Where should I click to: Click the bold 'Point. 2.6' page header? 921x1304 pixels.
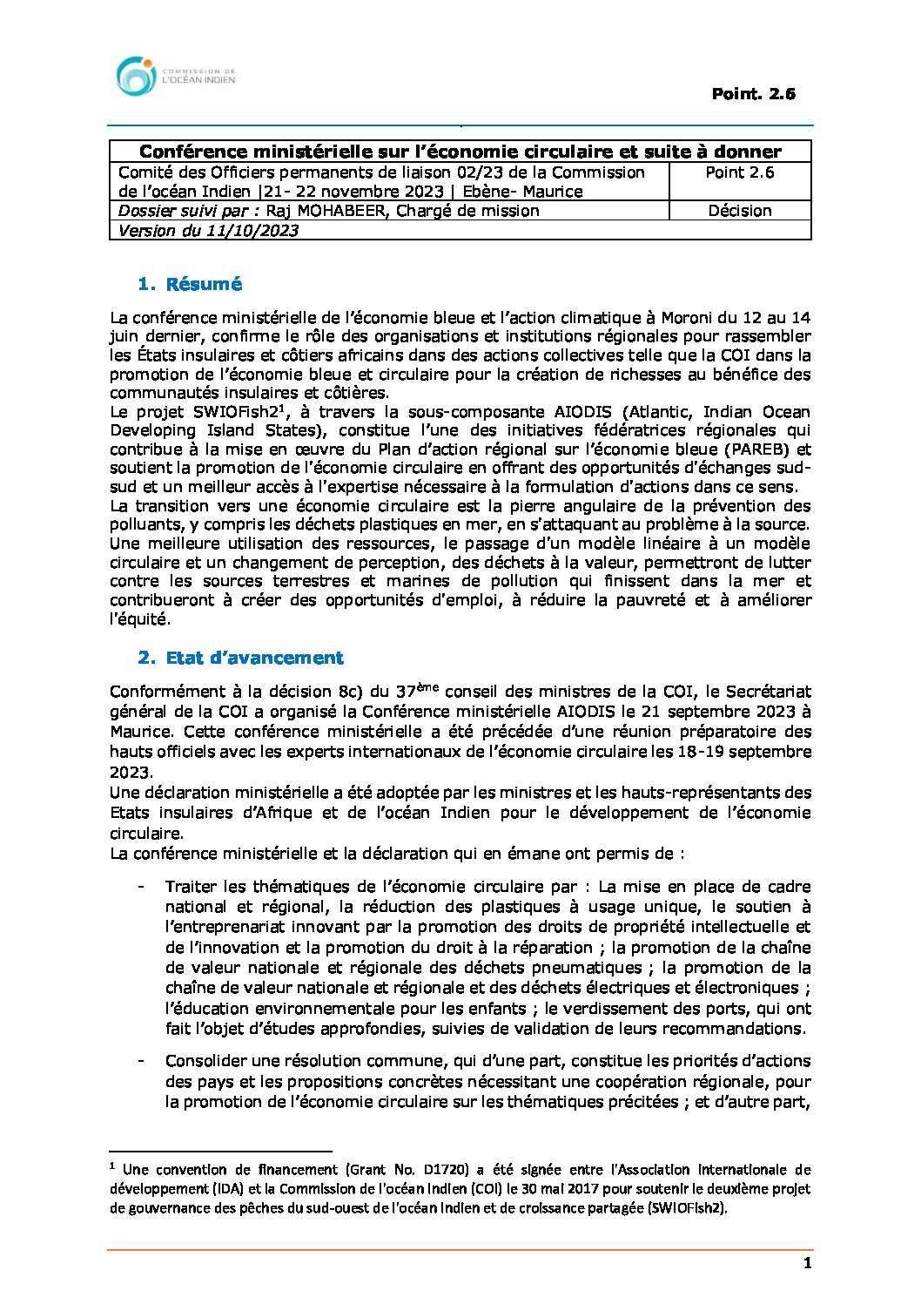pos(753,94)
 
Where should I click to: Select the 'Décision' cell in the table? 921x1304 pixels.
pos(739,211)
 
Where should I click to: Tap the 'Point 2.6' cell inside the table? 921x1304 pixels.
pos(739,172)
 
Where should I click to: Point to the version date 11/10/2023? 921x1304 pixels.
pos(252,231)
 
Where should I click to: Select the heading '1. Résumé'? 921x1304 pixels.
pos(190,284)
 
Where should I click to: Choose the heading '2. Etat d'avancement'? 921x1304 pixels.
pos(240,658)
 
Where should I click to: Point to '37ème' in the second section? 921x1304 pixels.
pos(416,692)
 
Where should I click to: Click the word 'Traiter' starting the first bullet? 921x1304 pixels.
pos(191,887)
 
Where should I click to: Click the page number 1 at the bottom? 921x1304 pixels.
pos(808,1264)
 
